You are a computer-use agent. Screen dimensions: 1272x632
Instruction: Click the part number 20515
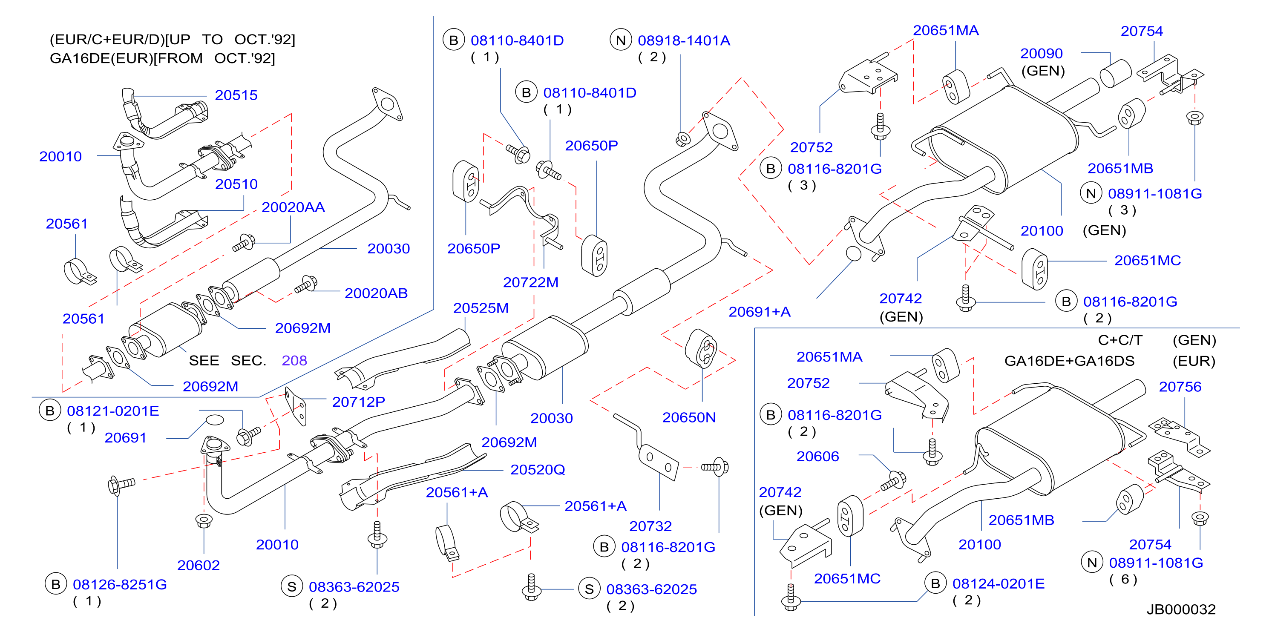click(x=236, y=95)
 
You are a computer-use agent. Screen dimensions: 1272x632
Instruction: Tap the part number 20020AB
click(x=376, y=293)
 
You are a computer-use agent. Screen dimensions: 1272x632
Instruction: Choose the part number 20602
click(x=198, y=565)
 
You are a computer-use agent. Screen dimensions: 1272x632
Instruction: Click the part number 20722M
click(x=530, y=282)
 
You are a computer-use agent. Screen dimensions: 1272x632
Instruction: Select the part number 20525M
click(x=481, y=307)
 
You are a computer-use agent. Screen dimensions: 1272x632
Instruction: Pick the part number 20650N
click(x=689, y=417)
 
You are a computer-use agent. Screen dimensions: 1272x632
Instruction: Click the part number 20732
click(x=650, y=526)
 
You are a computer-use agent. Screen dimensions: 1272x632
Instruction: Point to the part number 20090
click(x=1042, y=53)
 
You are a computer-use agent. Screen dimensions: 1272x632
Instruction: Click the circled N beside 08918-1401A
click(x=621, y=40)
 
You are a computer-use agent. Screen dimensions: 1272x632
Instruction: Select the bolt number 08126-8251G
click(x=120, y=584)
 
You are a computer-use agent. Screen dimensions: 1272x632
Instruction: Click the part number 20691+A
click(x=760, y=312)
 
